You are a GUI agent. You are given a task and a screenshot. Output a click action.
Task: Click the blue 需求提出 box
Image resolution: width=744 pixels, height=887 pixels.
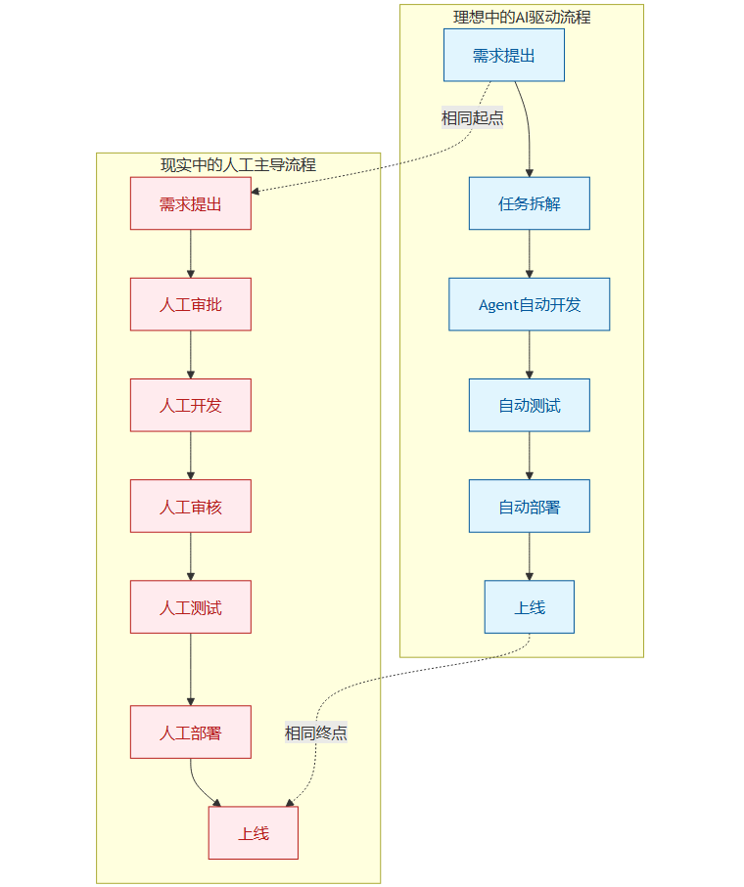pyautogui.click(x=503, y=55)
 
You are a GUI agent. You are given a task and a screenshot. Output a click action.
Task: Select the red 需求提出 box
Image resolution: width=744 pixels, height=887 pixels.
pyautogui.click(x=190, y=203)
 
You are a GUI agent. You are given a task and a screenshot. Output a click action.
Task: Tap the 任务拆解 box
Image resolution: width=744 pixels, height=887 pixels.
pyautogui.click(x=529, y=203)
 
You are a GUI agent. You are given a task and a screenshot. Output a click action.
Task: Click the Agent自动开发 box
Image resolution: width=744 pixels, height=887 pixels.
pyautogui.click(x=529, y=304)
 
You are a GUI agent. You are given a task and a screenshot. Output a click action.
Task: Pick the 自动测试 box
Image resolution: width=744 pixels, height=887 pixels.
pyautogui.click(x=529, y=405)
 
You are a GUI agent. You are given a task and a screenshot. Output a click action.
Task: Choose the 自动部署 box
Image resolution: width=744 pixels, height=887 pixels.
pyautogui.click(x=529, y=506)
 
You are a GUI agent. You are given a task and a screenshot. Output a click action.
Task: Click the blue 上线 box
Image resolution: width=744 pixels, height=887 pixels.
pyautogui.click(x=529, y=606)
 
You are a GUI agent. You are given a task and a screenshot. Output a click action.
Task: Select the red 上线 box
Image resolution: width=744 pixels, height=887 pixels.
pyautogui.click(x=253, y=833)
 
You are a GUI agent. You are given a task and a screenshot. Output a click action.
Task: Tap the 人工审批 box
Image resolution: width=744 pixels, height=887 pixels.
pyautogui.click(x=190, y=304)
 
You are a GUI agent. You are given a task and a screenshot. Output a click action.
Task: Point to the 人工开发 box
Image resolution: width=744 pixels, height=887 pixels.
pyautogui.click(x=190, y=405)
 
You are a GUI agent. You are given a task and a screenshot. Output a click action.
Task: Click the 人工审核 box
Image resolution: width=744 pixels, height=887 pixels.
pyautogui.click(x=190, y=506)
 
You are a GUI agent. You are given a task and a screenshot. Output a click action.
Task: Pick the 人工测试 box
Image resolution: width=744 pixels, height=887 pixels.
pyautogui.click(x=190, y=606)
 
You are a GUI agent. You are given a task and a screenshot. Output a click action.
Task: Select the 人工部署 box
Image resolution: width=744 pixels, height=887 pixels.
pyautogui.click(x=190, y=732)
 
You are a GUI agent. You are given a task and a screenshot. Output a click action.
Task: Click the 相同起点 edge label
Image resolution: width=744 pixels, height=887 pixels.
pyautogui.click(x=472, y=117)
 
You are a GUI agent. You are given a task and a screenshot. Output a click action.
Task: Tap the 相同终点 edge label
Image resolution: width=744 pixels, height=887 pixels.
pyautogui.click(x=315, y=732)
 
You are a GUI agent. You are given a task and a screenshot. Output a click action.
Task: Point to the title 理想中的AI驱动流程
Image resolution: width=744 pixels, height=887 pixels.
pyautogui.click(x=521, y=17)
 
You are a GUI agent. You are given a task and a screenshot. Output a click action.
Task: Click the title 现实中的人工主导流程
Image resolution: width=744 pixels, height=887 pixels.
pyautogui.click(x=238, y=164)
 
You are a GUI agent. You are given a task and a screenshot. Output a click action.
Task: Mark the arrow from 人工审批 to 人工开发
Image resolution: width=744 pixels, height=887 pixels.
pyautogui.click(x=190, y=354)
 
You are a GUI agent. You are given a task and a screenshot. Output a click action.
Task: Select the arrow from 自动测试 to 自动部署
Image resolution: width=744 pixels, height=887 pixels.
pyautogui.click(x=529, y=455)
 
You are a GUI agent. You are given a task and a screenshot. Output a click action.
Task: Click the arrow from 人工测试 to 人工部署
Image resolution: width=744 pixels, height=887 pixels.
pyautogui.click(x=190, y=669)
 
